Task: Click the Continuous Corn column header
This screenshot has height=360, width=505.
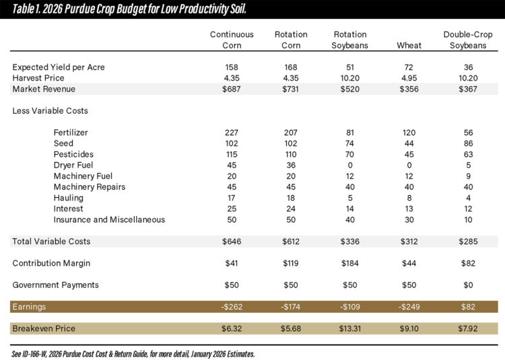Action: coord(232,40)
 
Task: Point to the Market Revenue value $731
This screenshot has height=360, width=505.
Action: coord(292,89)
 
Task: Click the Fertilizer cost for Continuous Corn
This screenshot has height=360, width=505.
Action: coord(232,133)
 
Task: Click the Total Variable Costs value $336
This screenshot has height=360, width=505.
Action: coord(350,241)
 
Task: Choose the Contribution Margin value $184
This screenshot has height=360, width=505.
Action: coord(350,263)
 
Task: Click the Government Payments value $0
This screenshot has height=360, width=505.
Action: coord(468,285)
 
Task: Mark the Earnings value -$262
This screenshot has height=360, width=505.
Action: coord(232,307)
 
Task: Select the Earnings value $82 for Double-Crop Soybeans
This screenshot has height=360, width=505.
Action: coord(468,307)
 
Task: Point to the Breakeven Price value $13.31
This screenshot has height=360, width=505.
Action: coord(350,328)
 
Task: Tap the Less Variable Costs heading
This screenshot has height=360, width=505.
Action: coord(50,110)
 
